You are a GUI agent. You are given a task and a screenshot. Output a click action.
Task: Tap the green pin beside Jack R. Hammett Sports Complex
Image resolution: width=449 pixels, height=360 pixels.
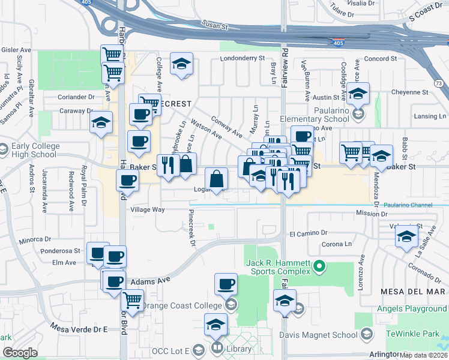(x=320, y=265)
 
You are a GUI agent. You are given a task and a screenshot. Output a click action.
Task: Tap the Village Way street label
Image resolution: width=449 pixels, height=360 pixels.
(x=148, y=209)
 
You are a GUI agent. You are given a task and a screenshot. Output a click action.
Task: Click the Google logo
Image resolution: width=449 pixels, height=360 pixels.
(x=19, y=353)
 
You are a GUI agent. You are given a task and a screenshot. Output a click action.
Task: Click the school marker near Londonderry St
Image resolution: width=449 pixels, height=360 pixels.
(x=181, y=64)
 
